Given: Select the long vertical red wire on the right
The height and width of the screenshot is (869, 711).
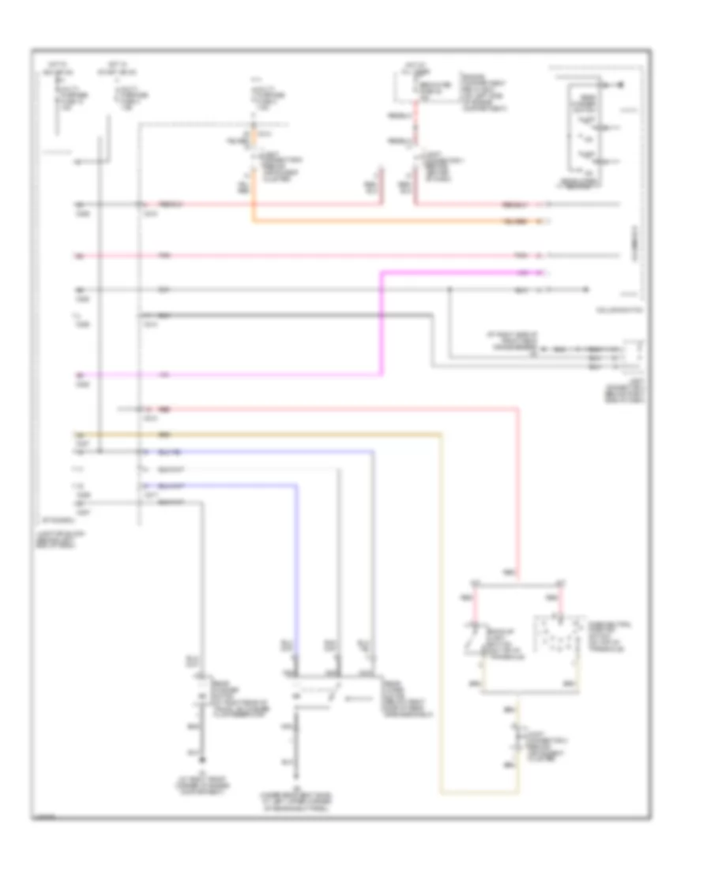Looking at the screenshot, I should tap(519, 490).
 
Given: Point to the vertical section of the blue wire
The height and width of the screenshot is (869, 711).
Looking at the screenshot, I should tap(297, 569).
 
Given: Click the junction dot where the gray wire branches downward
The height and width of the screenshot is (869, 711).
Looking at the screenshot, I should tap(450, 289).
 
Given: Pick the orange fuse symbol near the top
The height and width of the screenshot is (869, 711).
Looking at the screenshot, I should tap(254, 138).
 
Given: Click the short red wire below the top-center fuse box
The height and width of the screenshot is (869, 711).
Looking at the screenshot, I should tap(416, 122).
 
